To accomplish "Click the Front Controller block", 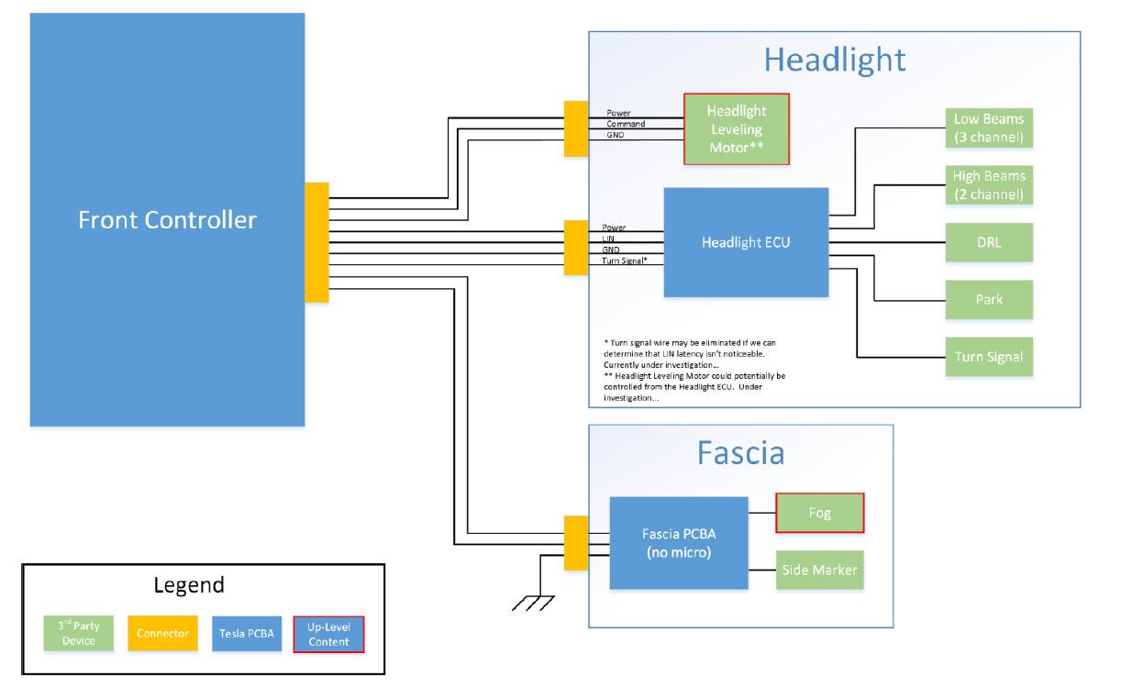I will [x=167, y=220].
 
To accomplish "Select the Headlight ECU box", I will [x=746, y=243].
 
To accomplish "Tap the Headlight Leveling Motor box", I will [x=736, y=128].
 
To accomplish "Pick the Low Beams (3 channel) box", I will [x=989, y=128].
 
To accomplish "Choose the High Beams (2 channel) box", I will [x=989, y=185].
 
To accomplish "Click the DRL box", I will [x=989, y=243].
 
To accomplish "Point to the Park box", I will [x=989, y=300].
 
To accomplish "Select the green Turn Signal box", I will [x=989, y=357].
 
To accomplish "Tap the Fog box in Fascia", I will [x=820, y=513].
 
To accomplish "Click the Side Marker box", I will [x=820, y=570].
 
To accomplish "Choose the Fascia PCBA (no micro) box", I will [x=679, y=543].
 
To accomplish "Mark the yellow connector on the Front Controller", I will [x=316, y=242].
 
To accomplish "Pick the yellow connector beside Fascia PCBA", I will [x=576, y=543].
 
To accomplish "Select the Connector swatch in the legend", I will [x=162, y=633].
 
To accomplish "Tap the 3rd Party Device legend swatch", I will [x=78, y=633].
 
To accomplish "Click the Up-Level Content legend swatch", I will [x=328, y=633].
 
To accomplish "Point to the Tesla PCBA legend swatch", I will [x=247, y=633].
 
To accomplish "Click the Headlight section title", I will [x=835, y=60].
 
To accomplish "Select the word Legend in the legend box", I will [x=188, y=585].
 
